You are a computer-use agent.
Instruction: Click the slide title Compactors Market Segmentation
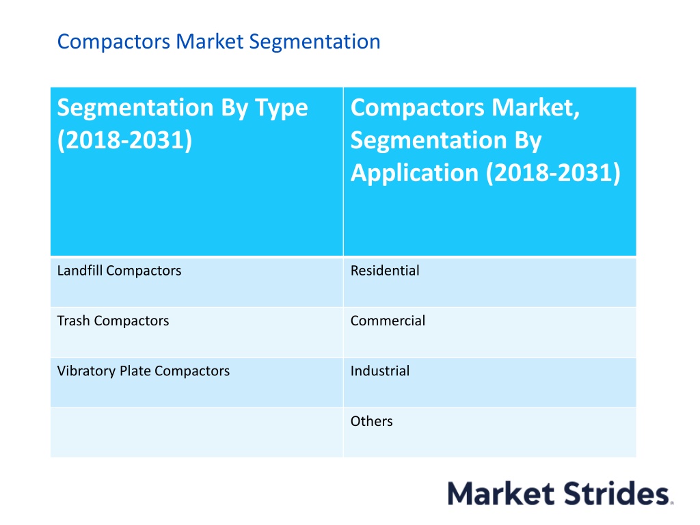pyautogui.click(x=219, y=42)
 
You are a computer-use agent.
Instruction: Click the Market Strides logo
pyautogui.click(x=561, y=494)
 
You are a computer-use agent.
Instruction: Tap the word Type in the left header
pyautogui.click(x=281, y=109)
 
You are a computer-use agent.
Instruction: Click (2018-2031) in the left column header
pyautogui.click(x=124, y=140)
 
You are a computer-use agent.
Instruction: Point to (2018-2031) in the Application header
pyautogui.click(x=553, y=173)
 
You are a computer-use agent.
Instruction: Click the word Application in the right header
pyautogui.click(x=414, y=173)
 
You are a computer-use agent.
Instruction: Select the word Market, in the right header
pyautogui.click(x=536, y=107)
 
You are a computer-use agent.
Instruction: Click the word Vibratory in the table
pyautogui.click(x=86, y=371)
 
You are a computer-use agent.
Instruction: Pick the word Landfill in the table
pyautogui.click(x=80, y=271)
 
